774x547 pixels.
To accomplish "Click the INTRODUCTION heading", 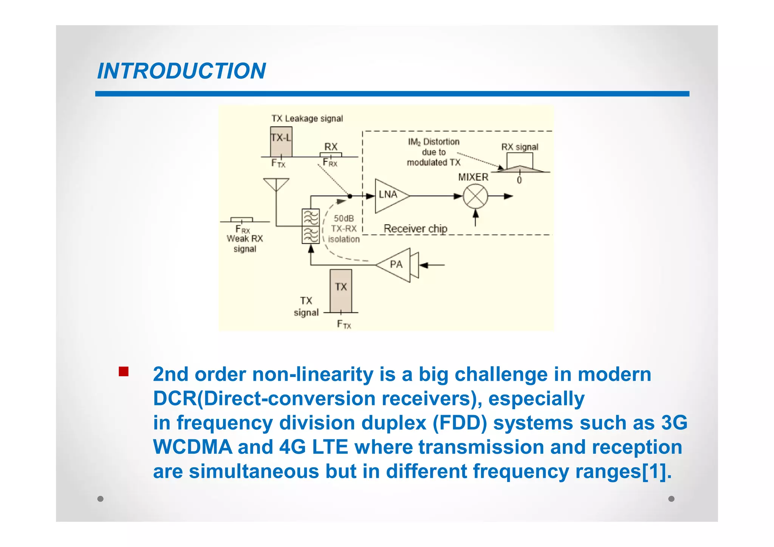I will click(181, 71).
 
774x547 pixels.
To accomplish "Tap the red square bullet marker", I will click(124, 371).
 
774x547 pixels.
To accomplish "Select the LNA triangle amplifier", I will click(389, 196).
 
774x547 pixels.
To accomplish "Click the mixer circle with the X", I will click(475, 196).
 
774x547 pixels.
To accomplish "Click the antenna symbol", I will click(276, 184).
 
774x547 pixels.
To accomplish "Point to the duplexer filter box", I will click(311, 226).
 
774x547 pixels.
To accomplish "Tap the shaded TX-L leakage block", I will click(281, 142).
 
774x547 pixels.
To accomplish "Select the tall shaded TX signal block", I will click(341, 291).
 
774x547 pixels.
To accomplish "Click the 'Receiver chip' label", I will click(415, 229).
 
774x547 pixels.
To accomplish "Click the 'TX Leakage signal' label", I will click(307, 119).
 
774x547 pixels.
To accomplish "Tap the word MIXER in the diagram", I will click(473, 177).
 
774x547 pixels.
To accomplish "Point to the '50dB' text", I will click(344, 218).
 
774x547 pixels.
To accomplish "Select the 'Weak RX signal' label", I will click(245, 244).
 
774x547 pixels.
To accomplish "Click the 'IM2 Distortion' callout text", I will click(433, 142).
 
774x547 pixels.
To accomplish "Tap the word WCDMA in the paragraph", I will click(192, 447).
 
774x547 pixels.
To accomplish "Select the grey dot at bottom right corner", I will click(671, 499).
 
